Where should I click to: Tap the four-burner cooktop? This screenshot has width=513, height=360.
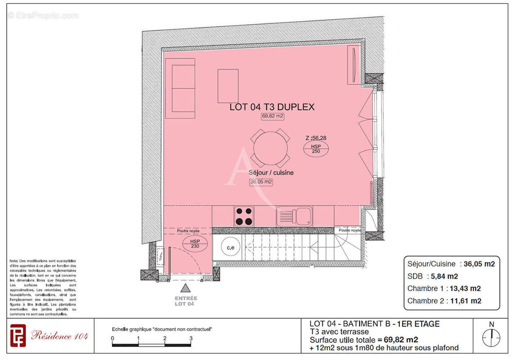[x=244, y=216]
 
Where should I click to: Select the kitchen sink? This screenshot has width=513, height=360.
[x=294, y=216]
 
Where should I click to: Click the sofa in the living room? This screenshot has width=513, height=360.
[x=180, y=88]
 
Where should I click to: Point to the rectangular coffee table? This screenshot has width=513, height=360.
[x=228, y=86]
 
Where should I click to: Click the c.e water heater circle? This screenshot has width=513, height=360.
[x=230, y=247]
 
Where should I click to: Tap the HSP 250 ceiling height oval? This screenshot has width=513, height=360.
[x=316, y=149]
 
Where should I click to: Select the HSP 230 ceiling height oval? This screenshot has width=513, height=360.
[x=196, y=244]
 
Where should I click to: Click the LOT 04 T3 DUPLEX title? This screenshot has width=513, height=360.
[x=272, y=107]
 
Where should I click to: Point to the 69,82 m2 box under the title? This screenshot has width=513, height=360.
[x=273, y=116]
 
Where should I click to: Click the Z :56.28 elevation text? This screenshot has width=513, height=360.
[x=315, y=138]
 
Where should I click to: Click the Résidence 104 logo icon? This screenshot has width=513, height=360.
[x=18, y=336]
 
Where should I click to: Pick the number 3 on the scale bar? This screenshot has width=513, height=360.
[x=191, y=338]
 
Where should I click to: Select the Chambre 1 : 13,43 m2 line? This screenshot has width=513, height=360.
[x=444, y=288]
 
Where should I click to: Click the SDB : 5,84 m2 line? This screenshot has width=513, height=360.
[x=433, y=276]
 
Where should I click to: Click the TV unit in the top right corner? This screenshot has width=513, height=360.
[x=354, y=65]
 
